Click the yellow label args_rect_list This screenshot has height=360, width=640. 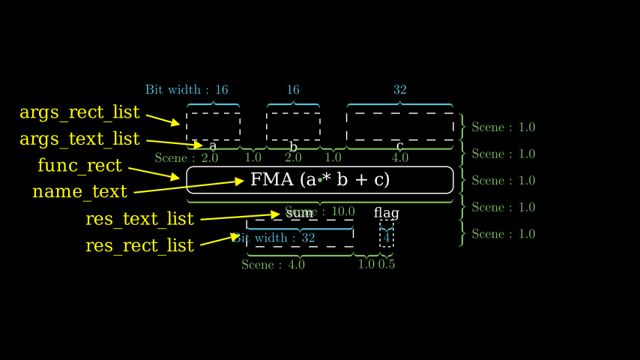pos(79,112)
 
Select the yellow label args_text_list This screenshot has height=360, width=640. pos(79,139)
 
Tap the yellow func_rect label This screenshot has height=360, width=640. pos(79,166)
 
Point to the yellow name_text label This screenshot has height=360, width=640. pos(79,192)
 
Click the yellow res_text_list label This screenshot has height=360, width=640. pos(139,219)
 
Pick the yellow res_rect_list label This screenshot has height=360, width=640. pos(139,245)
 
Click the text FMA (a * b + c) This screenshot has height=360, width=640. pos(320,180)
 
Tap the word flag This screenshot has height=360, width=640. pos(386,213)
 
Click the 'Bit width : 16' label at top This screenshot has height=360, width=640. pos(187,90)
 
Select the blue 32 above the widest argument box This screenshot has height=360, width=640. pos(400,90)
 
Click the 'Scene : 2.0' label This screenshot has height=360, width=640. pos(187,157)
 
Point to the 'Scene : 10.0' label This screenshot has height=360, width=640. pos(320,211)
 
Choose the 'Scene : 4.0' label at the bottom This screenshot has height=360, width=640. pos(273,264)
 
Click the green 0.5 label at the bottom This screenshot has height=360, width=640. pos(387,264)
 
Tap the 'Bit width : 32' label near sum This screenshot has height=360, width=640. pos(274,238)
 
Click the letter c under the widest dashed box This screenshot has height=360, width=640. pos(400,145)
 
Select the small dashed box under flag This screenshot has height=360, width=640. pos(387,234)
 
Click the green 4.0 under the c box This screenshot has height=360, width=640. pos(400,157)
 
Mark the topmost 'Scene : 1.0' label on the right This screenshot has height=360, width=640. pos(504,127)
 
